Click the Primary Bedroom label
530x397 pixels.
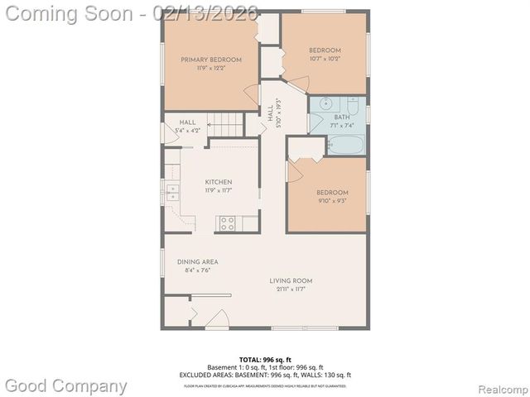[212, 60]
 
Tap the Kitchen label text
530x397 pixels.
[219, 182]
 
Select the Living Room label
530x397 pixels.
[291, 281]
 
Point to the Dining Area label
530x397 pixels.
[197, 262]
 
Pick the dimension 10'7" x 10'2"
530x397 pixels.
[325, 60]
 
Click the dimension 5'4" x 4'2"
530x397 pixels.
[189, 131]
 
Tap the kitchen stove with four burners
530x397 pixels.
[226, 222]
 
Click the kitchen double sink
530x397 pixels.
[173, 194]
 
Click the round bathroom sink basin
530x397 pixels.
[323, 105]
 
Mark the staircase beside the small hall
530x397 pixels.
[225, 126]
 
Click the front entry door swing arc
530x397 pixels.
[217, 317]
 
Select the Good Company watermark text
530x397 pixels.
[66, 385]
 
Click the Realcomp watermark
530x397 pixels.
[497, 387]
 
